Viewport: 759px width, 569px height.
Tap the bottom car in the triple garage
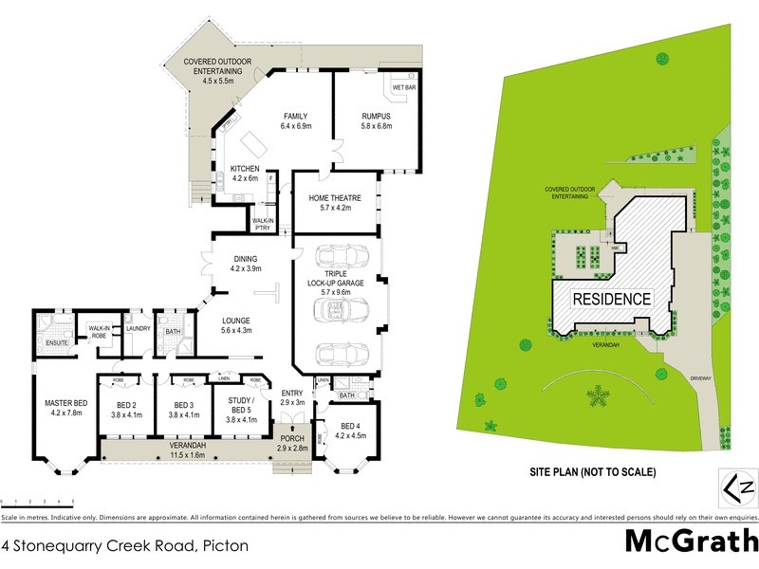click(x=337, y=352)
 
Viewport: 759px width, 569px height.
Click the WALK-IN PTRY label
click(x=263, y=223)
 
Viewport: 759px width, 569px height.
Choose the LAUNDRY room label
click(x=139, y=328)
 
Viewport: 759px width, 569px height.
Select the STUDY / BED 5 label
click(x=237, y=407)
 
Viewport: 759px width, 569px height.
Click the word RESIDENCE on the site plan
click(x=612, y=299)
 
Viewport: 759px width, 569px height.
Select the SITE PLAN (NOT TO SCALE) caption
click(x=593, y=471)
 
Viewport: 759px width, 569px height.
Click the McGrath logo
click(x=691, y=541)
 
